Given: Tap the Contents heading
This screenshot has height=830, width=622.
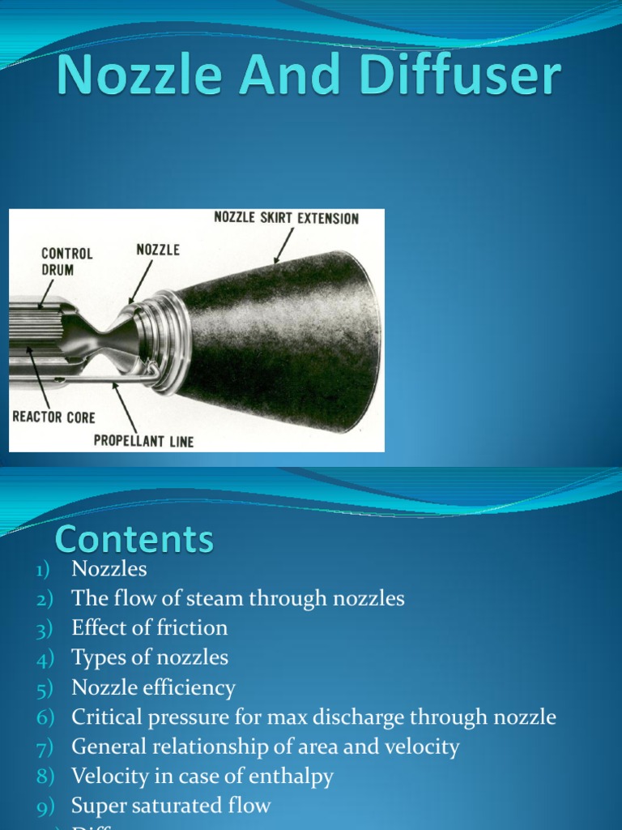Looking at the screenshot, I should [x=134, y=539].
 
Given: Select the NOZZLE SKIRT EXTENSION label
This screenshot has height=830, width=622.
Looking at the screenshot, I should [x=286, y=218].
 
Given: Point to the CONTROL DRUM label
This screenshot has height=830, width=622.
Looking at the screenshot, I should [x=67, y=260].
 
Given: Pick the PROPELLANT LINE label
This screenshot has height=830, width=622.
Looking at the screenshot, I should [x=143, y=442].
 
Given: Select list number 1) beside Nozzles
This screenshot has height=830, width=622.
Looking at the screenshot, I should [x=43, y=570].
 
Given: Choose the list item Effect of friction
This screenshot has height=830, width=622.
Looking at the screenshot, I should [x=149, y=628].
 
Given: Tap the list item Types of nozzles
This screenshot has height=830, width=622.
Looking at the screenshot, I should [x=149, y=657].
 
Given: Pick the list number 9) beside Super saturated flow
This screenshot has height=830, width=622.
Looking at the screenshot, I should [x=43, y=806].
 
